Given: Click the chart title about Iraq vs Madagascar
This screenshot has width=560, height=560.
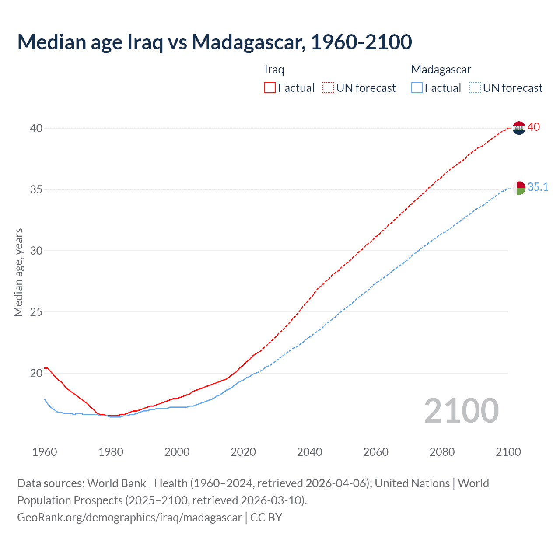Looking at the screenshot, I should [x=214, y=42].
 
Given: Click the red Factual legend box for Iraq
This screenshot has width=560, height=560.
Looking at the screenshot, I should [x=270, y=87].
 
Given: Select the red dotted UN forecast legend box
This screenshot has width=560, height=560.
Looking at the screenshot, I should [x=328, y=87].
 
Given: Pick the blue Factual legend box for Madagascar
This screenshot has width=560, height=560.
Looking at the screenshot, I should [x=417, y=87].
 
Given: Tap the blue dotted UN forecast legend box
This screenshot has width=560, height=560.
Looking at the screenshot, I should [x=475, y=87].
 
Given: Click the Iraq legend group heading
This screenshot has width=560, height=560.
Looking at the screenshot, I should [x=274, y=70].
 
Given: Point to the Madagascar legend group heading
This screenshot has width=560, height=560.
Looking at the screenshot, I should [x=441, y=70].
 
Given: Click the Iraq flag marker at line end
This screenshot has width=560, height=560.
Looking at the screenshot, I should [x=519, y=128].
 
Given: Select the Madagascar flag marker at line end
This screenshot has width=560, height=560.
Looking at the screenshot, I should [x=519, y=188].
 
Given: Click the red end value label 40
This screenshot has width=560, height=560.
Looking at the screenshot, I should [x=533, y=127].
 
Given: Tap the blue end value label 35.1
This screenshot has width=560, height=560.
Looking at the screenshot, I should [x=538, y=187].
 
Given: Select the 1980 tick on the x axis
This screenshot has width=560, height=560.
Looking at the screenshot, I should [x=111, y=452].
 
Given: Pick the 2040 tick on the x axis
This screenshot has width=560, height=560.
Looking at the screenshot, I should [x=309, y=452].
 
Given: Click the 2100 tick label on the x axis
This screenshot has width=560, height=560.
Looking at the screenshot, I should [x=508, y=452].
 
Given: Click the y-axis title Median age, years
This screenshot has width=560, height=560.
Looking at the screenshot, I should [x=18, y=272].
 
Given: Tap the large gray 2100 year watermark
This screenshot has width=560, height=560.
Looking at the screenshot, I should [x=461, y=410].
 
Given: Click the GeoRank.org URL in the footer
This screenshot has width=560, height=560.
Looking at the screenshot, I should [x=129, y=518].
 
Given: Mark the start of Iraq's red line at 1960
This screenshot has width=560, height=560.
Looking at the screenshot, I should [x=45, y=368].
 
